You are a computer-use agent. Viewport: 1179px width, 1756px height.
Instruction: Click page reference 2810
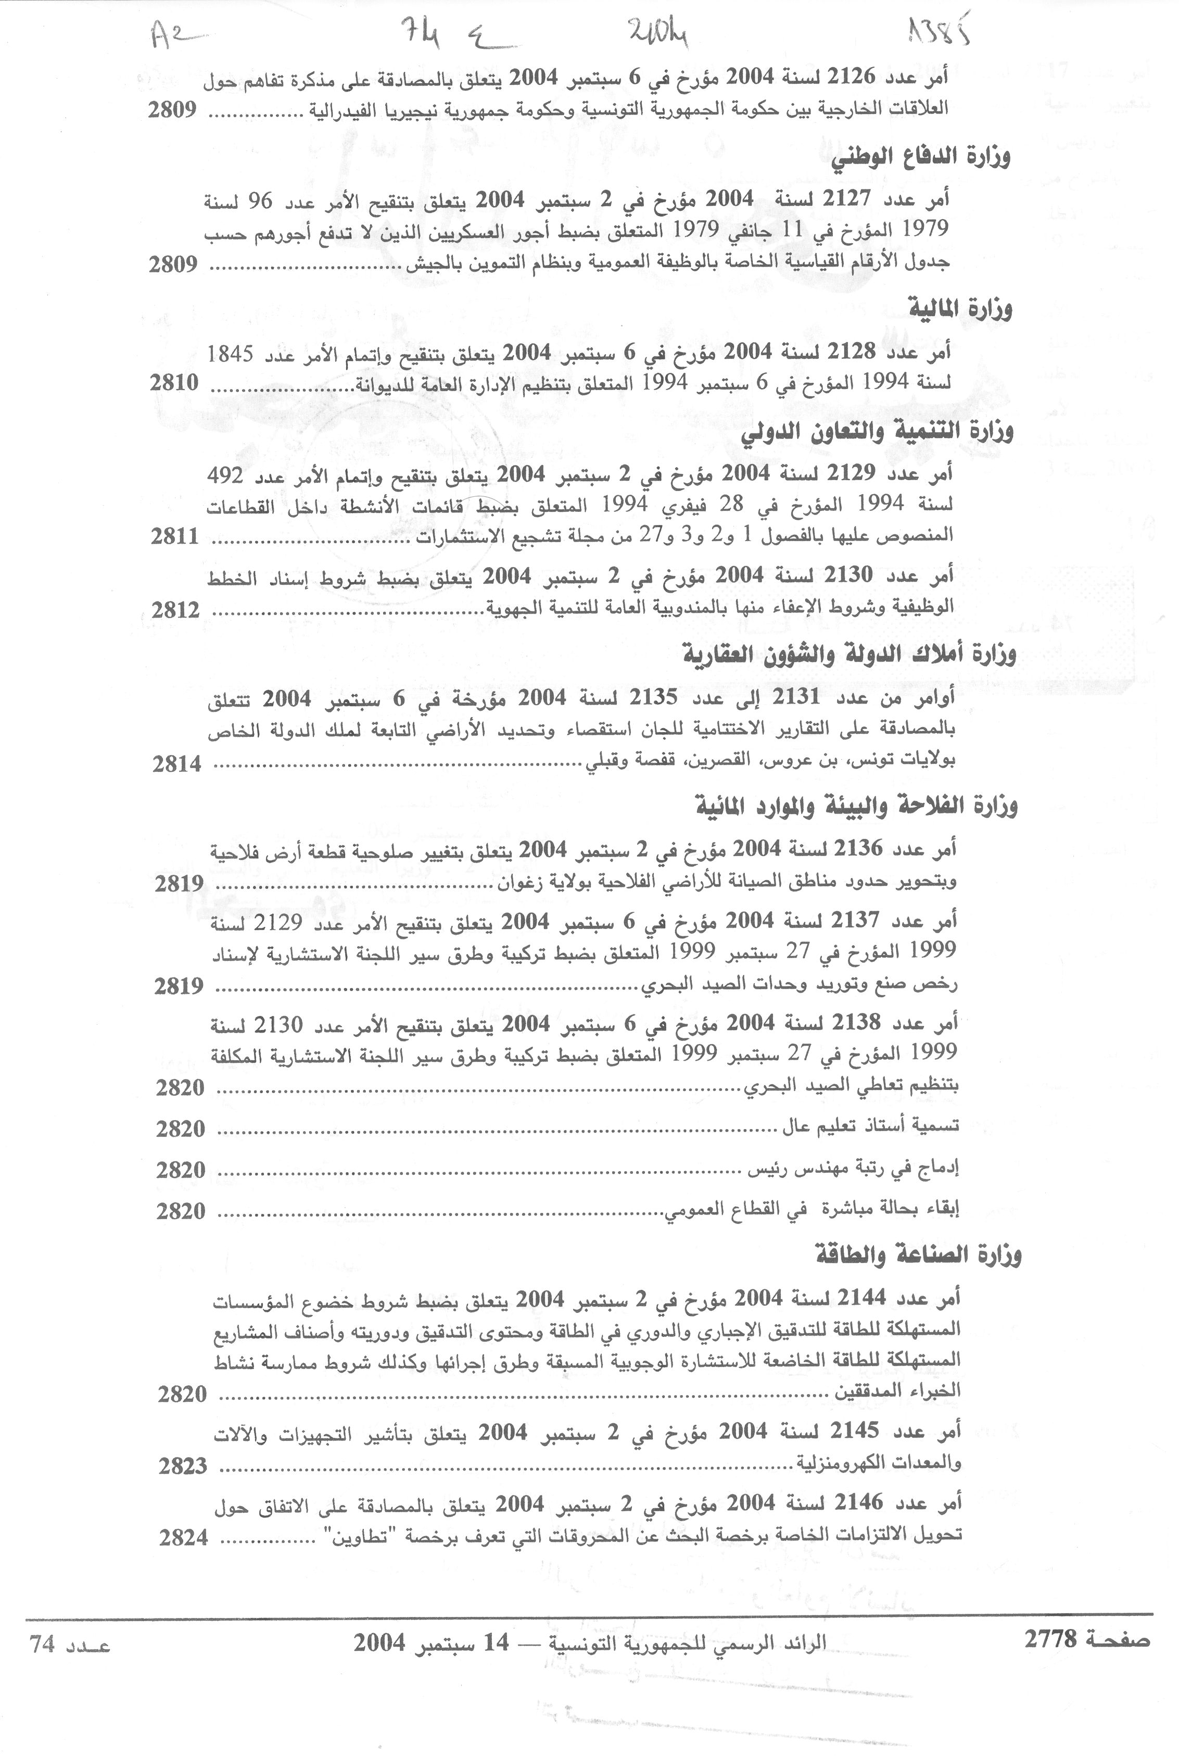click(174, 383)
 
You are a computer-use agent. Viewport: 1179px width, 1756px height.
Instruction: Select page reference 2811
click(175, 536)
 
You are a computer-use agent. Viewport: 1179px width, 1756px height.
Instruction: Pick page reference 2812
click(176, 611)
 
